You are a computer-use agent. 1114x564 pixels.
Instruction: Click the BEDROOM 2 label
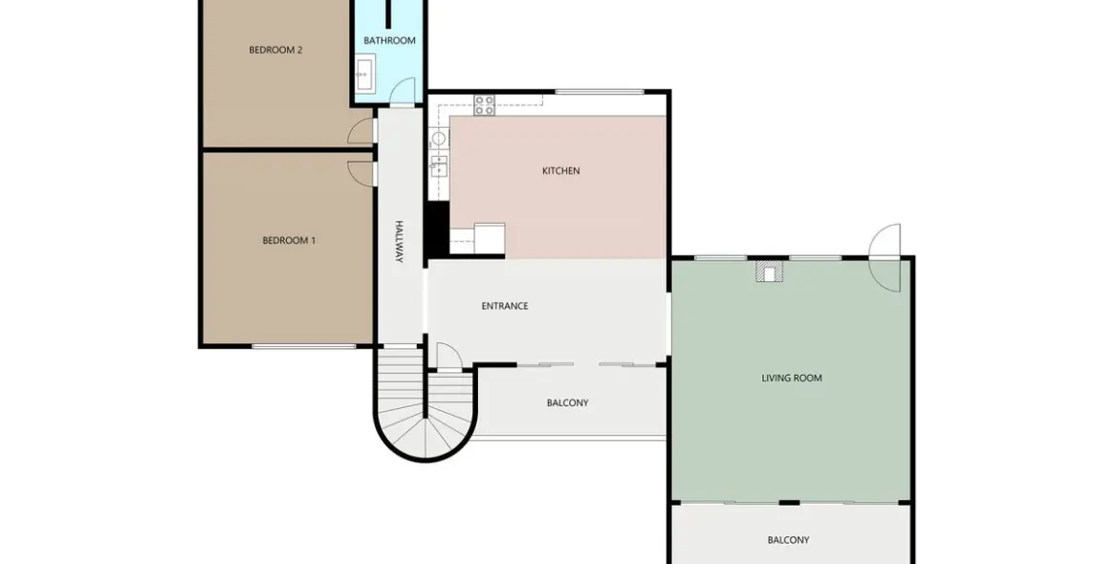click(x=275, y=50)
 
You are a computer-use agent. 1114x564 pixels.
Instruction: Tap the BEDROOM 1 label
click(x=289, y=241)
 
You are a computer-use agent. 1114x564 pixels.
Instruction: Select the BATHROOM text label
click(x=389, y=40)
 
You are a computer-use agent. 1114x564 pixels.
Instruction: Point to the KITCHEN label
click(x=560, y=171)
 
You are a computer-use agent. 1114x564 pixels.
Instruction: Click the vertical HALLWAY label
click(x=400, y=242)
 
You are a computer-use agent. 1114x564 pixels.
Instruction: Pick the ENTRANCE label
click(x=505, y=306)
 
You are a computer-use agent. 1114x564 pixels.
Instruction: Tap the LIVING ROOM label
click(x=792, y=379)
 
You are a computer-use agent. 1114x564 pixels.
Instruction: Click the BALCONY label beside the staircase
click(x=567, y=403)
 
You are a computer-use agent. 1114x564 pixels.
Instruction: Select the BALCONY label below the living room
click(x=788, y=540)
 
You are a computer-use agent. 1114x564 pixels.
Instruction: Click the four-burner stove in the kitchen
click(x=485, y=104)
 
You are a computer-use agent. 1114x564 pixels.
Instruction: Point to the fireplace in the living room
click(x=769, y=272)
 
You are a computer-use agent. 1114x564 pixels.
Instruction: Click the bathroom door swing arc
click(x=404, y=91)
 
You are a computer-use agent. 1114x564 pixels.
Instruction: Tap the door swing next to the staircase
click(x=448, y=357)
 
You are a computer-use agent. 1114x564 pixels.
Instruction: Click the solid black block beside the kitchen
click(x=436, y=228)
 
